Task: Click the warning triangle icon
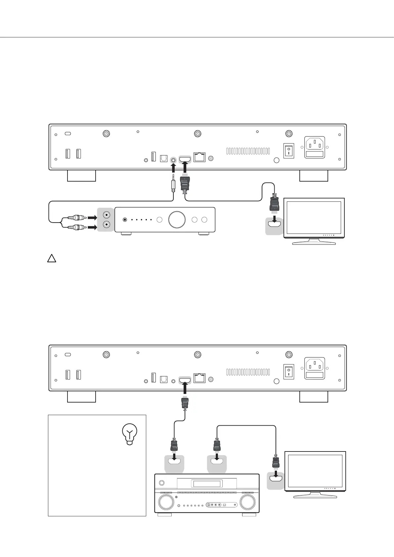coord(51,258)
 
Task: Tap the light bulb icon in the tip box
coord(130,435)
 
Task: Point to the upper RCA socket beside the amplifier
coord(107,215)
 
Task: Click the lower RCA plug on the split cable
coord(76,227)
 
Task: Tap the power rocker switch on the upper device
coord(289,150)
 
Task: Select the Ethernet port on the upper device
coord(199,157)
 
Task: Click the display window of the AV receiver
coord(207,484)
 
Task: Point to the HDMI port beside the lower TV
coord(275,478)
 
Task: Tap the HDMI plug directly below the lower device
coord(185,403)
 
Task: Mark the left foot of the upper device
coord(81,176)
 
